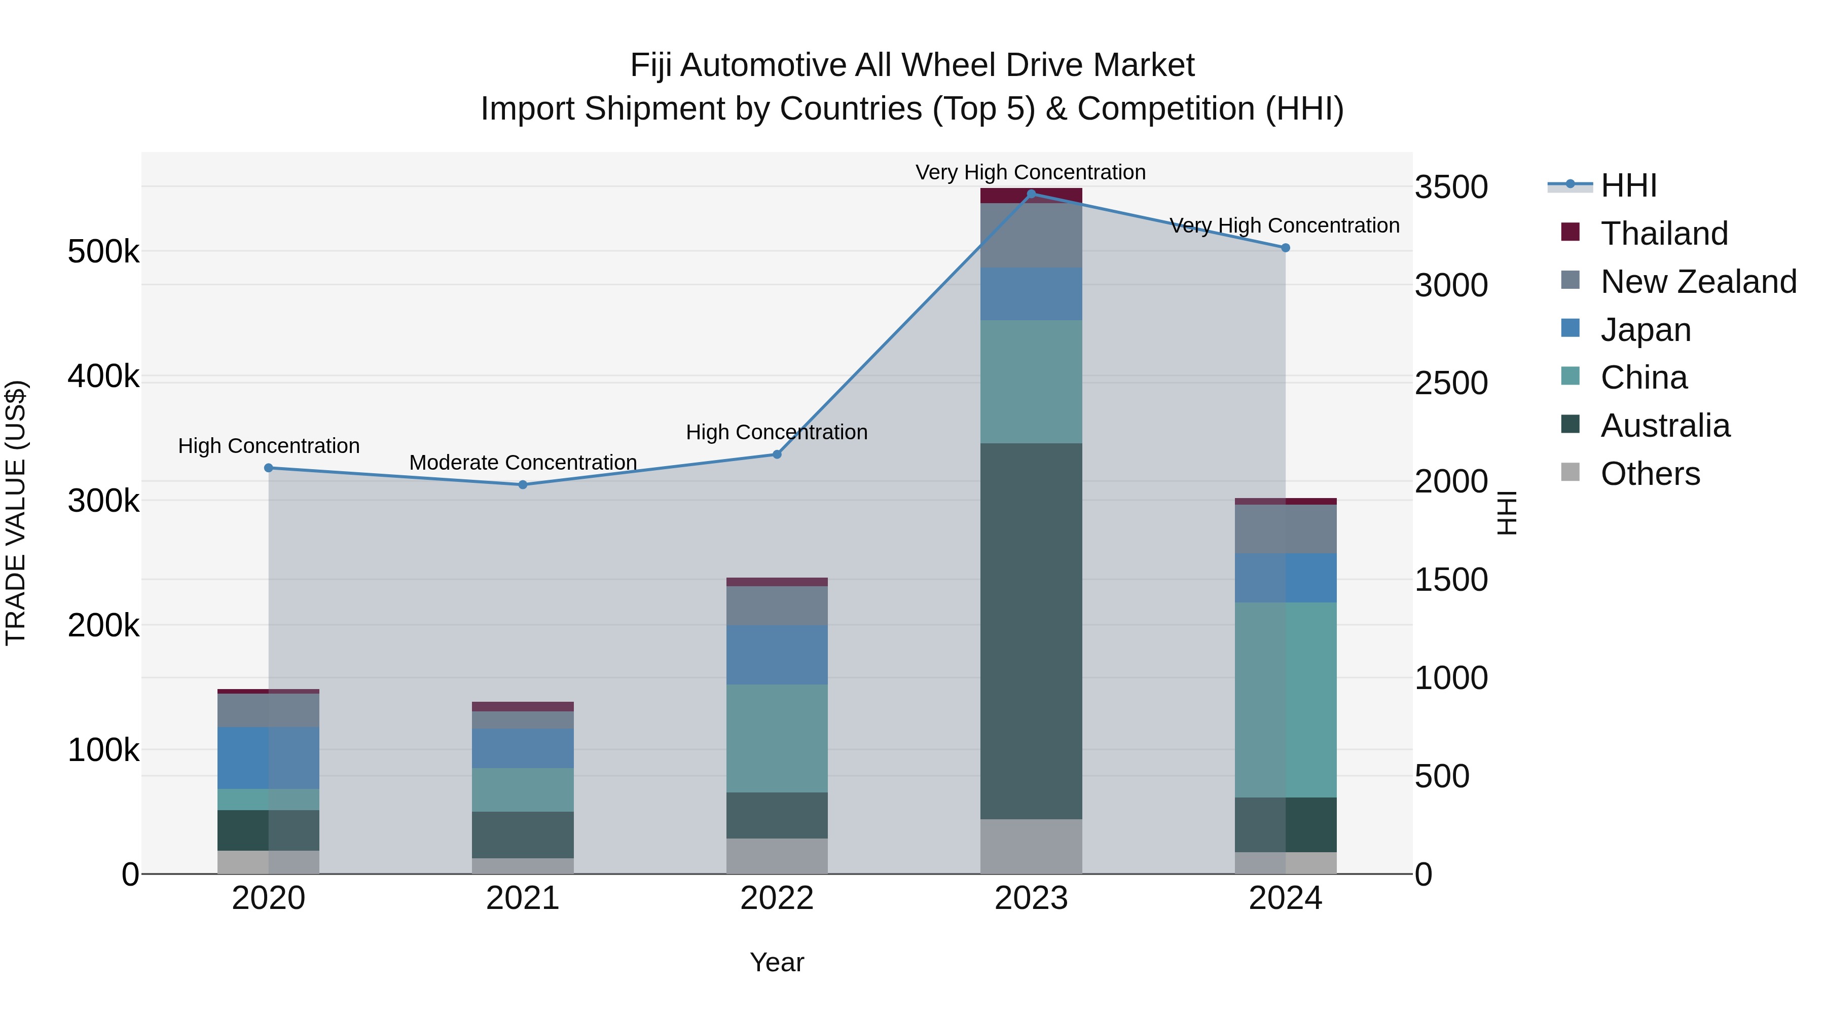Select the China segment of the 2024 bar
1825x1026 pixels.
click(x=1285, y=700)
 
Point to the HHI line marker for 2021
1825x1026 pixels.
click(x=523, y=485)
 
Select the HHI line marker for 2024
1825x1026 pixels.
click(x=1285, y=248)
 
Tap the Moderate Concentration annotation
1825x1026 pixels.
click(x=523, y=463)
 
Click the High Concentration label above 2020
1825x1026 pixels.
click(x=269, y=446)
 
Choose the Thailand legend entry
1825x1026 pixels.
click(x=1663, y=234)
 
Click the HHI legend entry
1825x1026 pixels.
click(x=1628, y=185)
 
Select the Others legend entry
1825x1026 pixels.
click(x=1649, y=474)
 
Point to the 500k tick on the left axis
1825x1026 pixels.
click(x=103, y=252)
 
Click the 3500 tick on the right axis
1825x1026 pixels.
click(x=1451, y=187)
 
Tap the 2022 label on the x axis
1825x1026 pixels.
click(x=777, y=898)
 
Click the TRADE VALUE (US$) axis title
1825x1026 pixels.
click(x=16, y=513)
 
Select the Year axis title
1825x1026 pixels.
click(x=777, y=962)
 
